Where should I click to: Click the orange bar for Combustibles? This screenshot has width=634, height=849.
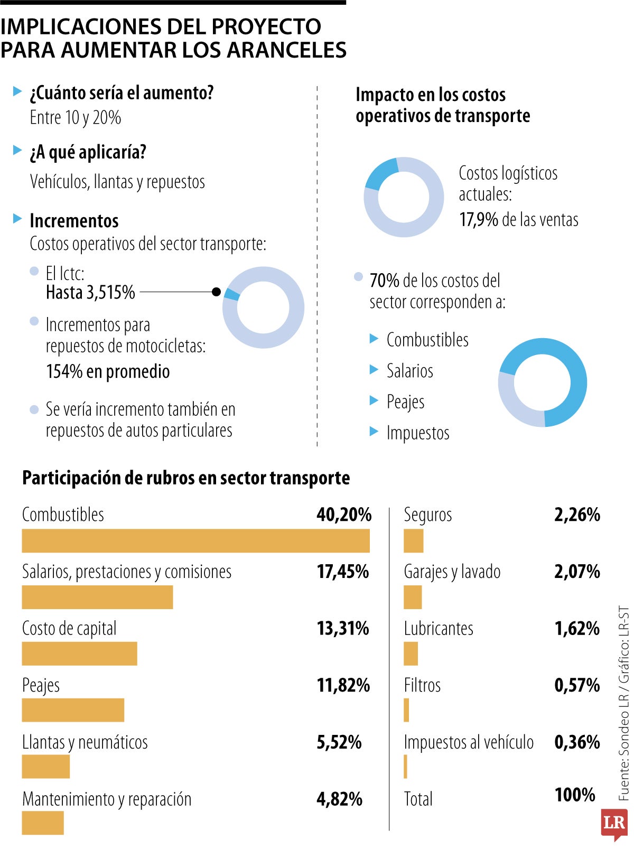click(195, 541)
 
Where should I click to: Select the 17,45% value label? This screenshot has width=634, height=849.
click(342, 572)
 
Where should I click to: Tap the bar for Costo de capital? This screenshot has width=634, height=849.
click(79, 654)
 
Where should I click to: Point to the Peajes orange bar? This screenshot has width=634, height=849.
click(73, 710)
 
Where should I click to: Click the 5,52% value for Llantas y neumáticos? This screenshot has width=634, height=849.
click(339, 742)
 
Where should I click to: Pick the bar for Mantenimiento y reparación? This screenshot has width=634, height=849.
click(43, 823)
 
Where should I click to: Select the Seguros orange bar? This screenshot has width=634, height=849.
click(413, 541)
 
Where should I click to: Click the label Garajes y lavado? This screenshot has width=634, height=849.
click(452, 572)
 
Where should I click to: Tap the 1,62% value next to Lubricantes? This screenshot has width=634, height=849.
click(576, 629)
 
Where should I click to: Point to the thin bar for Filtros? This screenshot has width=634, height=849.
click(406, 710)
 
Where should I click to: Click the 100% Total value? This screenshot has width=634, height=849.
click(574, 795)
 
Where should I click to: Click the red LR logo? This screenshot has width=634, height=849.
click(614, 823)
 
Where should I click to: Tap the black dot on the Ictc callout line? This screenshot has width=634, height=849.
click(216, 292)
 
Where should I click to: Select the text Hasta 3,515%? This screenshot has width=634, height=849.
click(90, 292)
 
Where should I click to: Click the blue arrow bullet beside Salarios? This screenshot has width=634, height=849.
click(374, 370)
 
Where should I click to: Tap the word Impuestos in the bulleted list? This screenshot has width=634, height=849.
click(417, 433)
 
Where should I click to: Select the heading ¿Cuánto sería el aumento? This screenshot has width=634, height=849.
click(122, 93)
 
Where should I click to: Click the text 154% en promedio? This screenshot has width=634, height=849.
click(108, 371)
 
